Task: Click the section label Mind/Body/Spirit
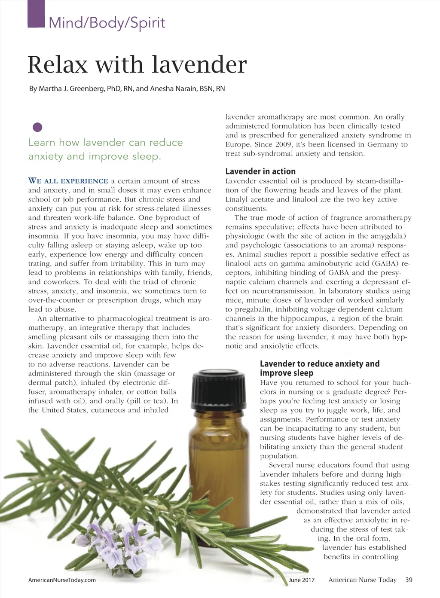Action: point(107,22)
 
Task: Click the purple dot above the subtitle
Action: point(38,127)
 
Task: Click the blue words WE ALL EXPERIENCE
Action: point(68,181)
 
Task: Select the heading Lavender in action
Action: point(260,171)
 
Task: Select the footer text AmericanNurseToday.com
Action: point(62,580)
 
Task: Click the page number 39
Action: point(409,580)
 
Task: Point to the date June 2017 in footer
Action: point(302,580)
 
